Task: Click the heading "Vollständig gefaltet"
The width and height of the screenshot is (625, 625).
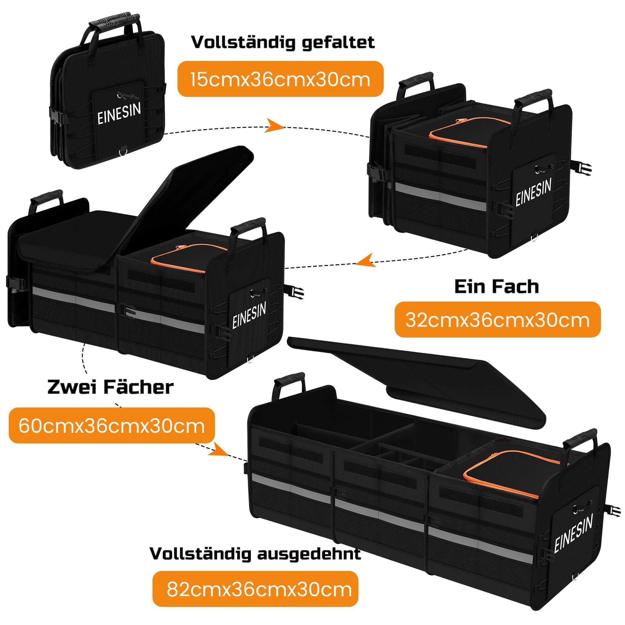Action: point(283,42)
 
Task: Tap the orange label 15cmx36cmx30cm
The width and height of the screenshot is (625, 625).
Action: point(280,79)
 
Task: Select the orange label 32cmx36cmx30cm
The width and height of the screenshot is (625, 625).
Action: point(497,320)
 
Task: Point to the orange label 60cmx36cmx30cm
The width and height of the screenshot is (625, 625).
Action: point(112,426)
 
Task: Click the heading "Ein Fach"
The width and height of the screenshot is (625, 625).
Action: point(497,286)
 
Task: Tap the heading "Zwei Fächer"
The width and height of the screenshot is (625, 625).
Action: point(110,387)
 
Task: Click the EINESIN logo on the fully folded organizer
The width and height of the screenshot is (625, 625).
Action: point(119,113)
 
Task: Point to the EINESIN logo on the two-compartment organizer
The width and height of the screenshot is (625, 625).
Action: point(249,315)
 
